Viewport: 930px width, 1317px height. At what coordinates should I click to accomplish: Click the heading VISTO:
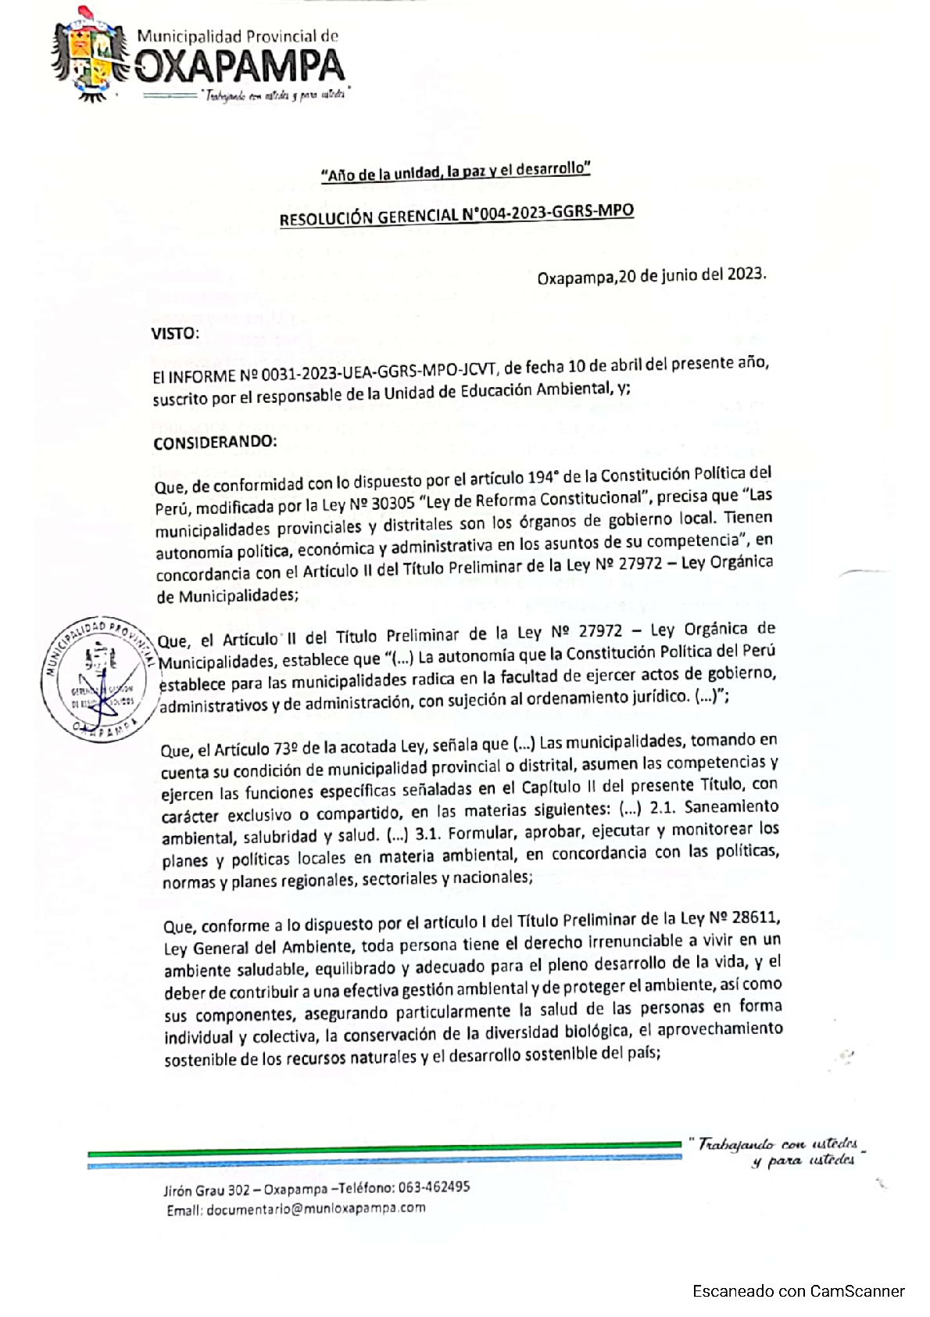pos(175,334)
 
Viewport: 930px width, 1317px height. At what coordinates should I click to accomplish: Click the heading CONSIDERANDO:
pos(215,443)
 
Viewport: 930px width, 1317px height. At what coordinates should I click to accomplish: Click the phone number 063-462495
pos(434,1187)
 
